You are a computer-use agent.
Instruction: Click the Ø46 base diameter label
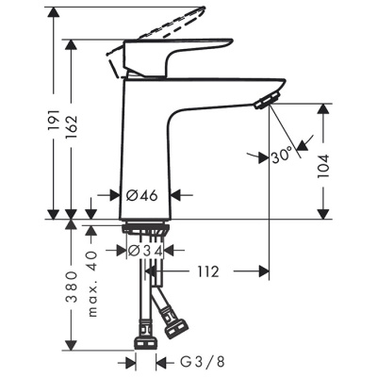click(143, 196)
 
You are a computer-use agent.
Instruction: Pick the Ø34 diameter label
click(146, 251)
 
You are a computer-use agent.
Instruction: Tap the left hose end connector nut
click(146, 331)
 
